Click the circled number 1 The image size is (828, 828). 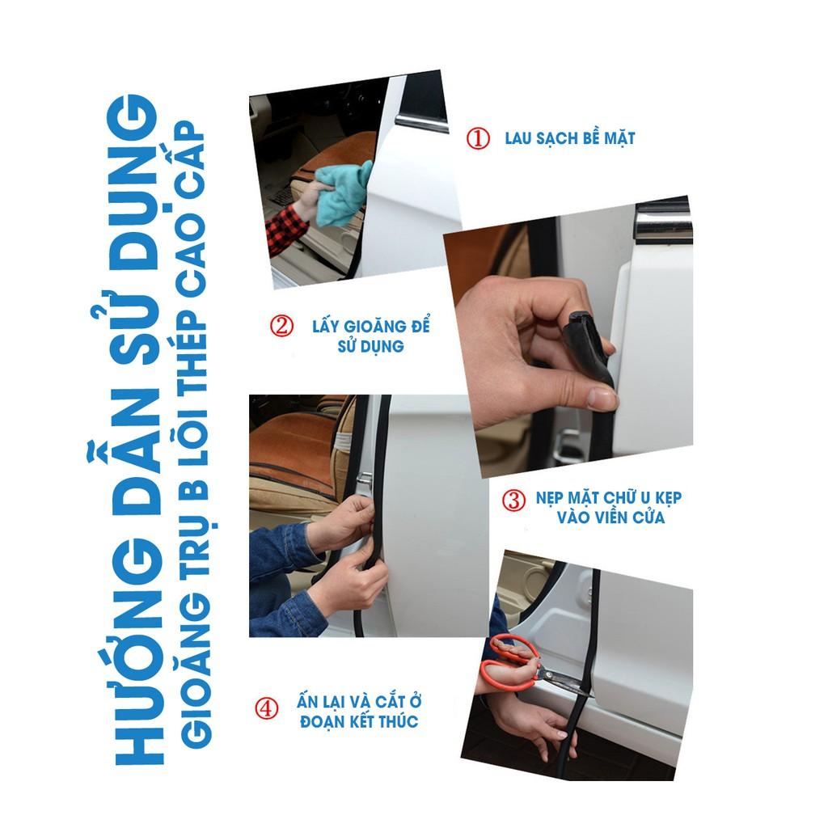[477, 138]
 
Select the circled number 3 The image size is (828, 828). [513, 500]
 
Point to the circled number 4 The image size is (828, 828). [266, 708]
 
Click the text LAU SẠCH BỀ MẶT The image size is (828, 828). [570, 138]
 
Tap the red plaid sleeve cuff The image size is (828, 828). [285, 228]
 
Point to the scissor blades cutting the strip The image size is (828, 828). [564, 680]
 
